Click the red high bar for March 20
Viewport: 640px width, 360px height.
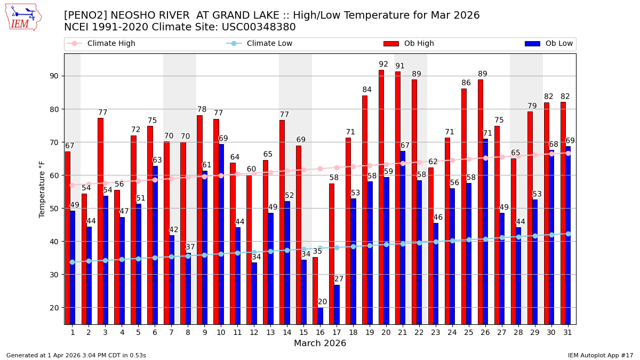(381, 197)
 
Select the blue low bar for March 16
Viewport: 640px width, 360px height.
(320, 316)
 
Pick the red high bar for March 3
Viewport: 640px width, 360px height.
(100, 221)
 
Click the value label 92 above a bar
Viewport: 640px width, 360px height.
(383, 65)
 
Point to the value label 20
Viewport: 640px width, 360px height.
(322, 302)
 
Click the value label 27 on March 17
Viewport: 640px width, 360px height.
(339, 279)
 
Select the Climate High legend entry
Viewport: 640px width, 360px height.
(111, 44)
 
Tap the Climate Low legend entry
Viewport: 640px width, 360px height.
(269, 44)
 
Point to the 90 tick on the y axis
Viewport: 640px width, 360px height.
(54, 76)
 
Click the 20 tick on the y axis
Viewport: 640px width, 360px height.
(54, 308)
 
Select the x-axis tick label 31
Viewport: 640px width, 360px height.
(567, 332)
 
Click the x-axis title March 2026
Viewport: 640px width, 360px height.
(320, 343)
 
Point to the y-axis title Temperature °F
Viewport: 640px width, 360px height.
(42, 189)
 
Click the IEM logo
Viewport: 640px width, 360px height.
(23, 17)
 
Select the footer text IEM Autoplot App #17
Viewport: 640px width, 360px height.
(600, 355)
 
